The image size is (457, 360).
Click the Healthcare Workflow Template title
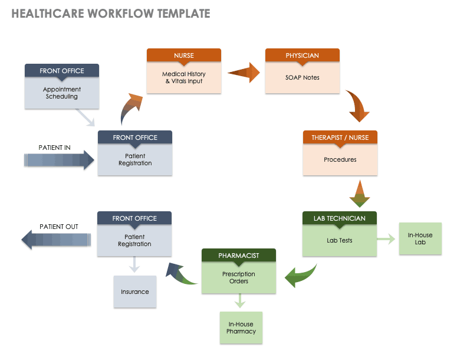click(111, 14)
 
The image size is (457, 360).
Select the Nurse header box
click(183, 55)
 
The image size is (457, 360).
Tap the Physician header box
click(302, 55)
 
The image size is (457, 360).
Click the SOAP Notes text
click(302, 78)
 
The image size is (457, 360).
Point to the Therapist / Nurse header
click(340, 138)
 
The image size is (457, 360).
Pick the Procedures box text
click(340, 159)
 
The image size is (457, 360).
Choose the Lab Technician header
click(340, 218)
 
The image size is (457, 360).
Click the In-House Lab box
click(420, 238)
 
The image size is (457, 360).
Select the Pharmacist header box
click(238, 256)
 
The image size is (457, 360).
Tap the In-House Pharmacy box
click(241, 328)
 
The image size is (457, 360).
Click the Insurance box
click(135, 292)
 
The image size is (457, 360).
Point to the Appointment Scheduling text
click(62, 93)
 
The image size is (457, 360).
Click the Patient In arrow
click(59, 160)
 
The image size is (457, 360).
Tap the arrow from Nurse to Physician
click(244, 73)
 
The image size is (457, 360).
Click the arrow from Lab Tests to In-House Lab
click(386, 239)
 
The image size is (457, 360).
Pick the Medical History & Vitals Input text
click(183, 78)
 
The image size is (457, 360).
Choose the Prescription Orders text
click(238, 277)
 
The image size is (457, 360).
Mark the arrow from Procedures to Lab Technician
click(359, 192)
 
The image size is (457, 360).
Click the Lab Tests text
click(340, 240)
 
